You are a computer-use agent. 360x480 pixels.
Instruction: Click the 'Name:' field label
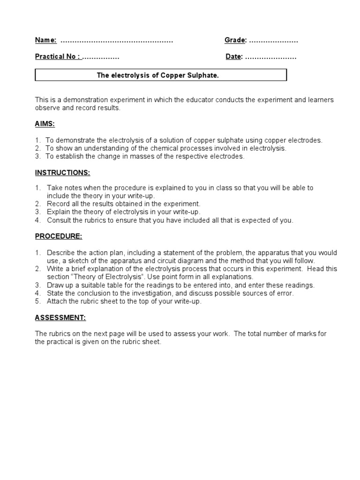tap(46, 40)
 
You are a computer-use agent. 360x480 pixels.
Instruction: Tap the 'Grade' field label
tap(235, 40)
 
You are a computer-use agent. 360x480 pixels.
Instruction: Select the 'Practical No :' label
tap(58, 57)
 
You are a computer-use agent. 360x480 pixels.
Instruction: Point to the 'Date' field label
tap(233, 57)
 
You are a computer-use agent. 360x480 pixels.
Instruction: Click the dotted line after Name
tap(117, 41)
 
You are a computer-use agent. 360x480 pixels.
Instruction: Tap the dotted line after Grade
tap(273, 41)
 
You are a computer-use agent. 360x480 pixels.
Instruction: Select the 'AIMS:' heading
tap(45, 124)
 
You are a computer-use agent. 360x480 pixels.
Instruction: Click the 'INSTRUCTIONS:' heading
tap(62, 172)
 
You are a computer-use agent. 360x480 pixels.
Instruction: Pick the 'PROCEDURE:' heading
tap(59, 236)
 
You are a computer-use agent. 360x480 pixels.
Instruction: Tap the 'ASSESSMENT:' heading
tap(60, 318)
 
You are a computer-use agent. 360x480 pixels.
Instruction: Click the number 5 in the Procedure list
tap(37, 301)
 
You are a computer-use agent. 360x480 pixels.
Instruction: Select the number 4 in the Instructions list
tap(37, 220)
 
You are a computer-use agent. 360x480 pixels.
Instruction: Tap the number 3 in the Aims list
tap(37, 157)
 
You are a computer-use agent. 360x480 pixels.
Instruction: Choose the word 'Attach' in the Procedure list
tap(57, 301)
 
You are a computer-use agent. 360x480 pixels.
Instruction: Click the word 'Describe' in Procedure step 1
tap(60, 253)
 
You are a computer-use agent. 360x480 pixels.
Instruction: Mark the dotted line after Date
tap(270, 57)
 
